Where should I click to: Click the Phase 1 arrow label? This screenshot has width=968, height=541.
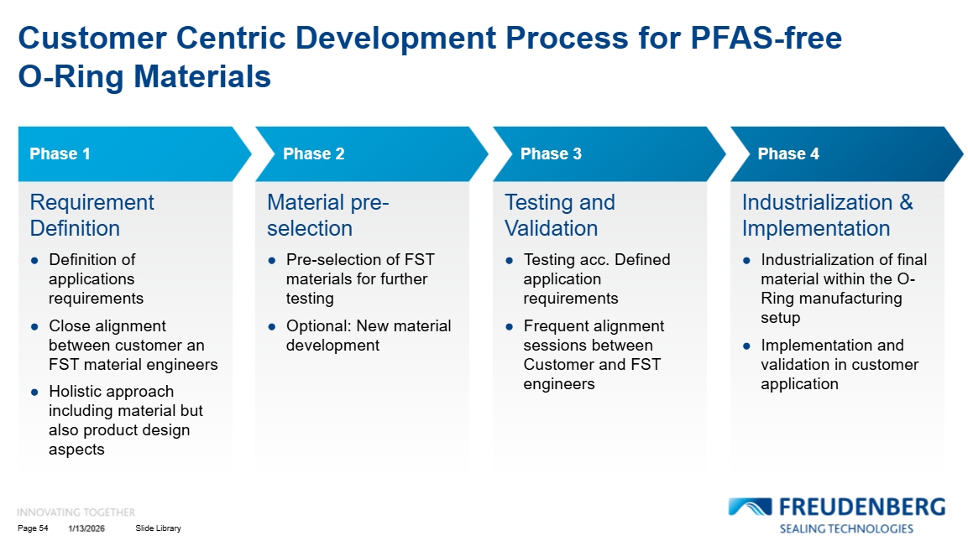60,153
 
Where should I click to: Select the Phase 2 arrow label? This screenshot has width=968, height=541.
313,153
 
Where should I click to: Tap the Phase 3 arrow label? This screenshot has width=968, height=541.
551,153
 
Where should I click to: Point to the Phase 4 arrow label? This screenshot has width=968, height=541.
788,153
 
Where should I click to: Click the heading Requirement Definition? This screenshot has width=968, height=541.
92,215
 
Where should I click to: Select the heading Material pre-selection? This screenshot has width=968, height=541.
327,215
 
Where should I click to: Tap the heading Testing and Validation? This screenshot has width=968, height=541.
559,215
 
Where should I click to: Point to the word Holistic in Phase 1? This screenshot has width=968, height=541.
76,391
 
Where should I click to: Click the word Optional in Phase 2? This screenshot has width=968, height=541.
317,325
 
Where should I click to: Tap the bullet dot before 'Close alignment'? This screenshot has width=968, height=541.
34,326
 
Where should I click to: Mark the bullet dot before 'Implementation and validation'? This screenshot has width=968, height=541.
746,346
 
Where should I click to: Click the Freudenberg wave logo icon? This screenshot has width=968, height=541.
750,507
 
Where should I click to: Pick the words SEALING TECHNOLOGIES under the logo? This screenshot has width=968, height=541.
845,528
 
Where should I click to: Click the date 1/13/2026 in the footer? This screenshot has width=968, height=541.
86,528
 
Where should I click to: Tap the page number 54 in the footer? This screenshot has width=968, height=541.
44,528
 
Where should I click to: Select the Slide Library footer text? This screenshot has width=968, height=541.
158,528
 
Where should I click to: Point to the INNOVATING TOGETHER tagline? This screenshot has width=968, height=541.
76,512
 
